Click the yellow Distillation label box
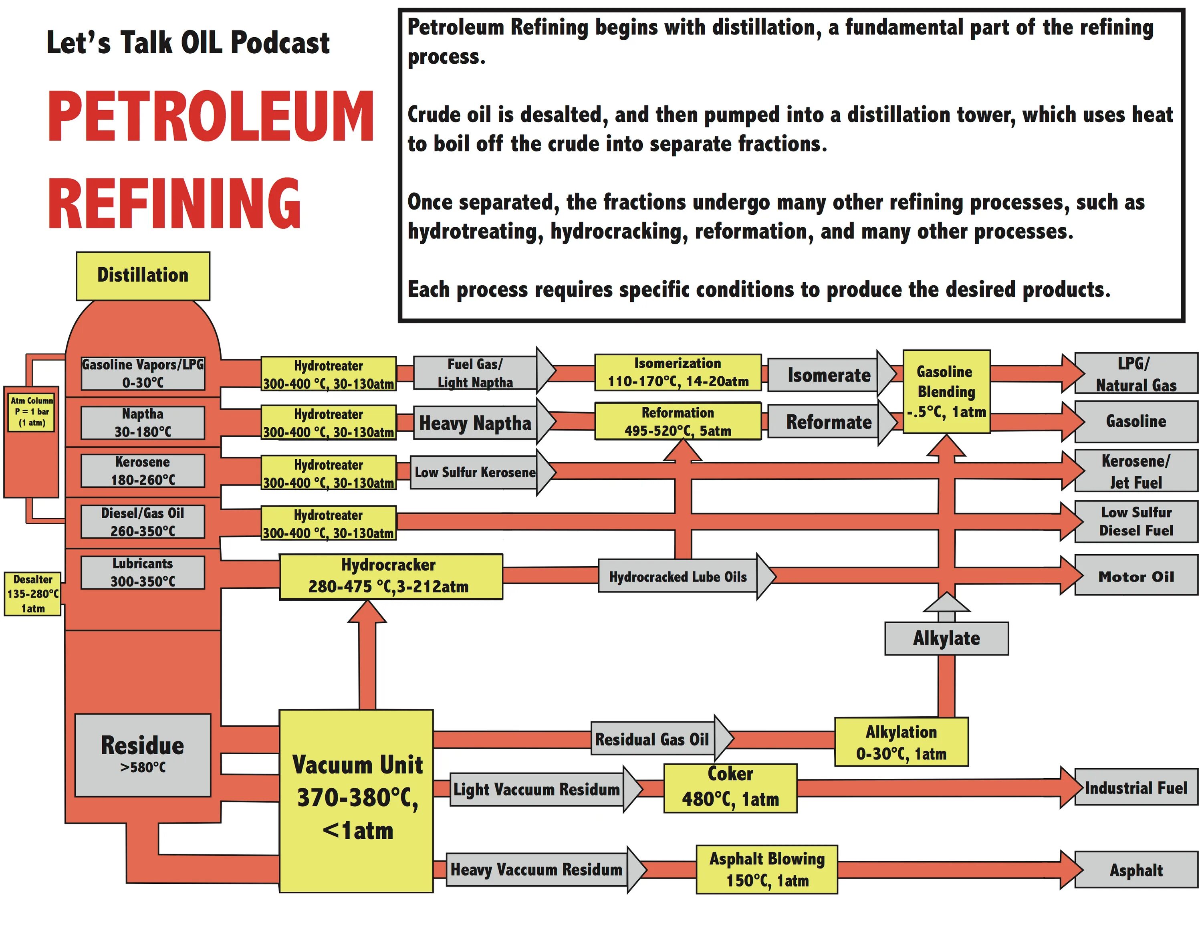143,276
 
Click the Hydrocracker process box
390,576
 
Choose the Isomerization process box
678,372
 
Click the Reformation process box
678,422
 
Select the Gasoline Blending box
946,391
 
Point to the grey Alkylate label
946,638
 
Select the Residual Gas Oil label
652,739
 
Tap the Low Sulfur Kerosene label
474,472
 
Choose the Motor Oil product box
1135,576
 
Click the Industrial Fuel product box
1135,788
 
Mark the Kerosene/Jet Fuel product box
1135,471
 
